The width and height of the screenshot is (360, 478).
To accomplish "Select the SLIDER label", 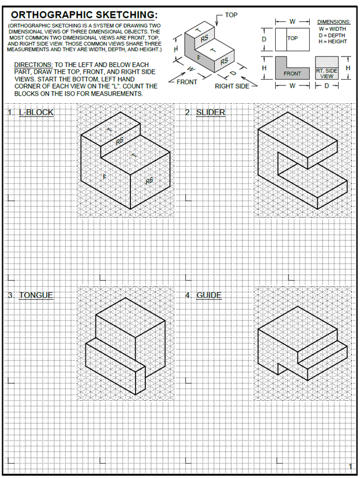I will click(211, 112).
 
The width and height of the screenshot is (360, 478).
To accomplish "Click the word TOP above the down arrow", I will click(231, 13).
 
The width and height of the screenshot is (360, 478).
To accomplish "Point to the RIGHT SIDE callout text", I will click(232, 86).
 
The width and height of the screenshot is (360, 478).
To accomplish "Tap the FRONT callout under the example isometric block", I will click(187, 82).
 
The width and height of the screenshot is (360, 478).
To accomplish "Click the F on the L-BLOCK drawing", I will click(104, 177).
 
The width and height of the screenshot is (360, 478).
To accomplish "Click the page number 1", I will click(350, 466).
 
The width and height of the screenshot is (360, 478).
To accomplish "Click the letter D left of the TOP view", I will click(264, 39).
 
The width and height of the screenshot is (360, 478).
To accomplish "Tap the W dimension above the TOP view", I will click(292, 21).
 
